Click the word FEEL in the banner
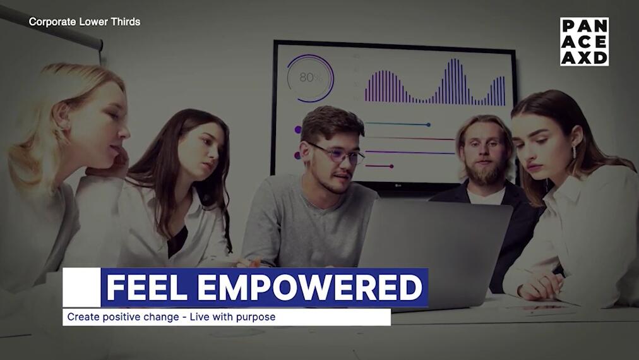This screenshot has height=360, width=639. tap(146, 287)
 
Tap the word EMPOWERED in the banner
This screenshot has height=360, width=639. tap(310, 287)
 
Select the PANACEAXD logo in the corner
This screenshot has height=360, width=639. tap(584, 42)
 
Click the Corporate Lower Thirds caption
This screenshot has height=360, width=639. tap(85, 21)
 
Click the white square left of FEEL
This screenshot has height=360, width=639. tap(81, 287)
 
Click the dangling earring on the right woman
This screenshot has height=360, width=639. tap(574, 151)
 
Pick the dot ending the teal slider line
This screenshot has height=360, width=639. tap(428, 125)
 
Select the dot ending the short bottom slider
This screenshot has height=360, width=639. tap(391, 166)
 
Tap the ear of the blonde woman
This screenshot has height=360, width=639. tap(62, 116)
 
